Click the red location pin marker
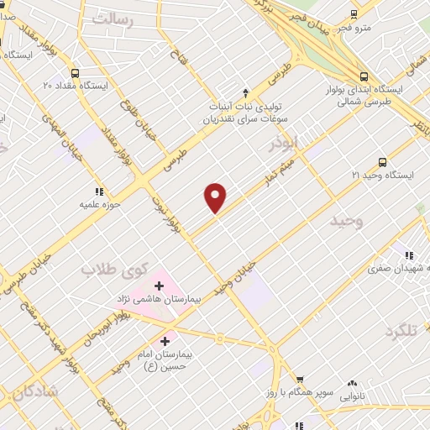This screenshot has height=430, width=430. [216, 197]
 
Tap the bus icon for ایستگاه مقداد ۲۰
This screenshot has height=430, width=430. [76, 72]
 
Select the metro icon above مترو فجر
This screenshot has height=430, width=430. [354, 13]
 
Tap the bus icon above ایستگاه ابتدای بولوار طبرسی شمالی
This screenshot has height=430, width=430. [362, 73]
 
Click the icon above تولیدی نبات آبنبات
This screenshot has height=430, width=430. [245, 92]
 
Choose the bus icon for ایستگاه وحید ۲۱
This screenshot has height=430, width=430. [382, 162]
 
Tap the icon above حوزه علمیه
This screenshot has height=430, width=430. [100, 191]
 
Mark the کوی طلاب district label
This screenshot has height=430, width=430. [113, 270]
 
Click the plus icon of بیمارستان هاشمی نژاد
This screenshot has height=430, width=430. [159, 286]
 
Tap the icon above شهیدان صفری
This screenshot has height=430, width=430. [409, 255]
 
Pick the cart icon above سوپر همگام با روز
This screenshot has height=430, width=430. [299, 380]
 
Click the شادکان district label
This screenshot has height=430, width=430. [34, 391]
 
